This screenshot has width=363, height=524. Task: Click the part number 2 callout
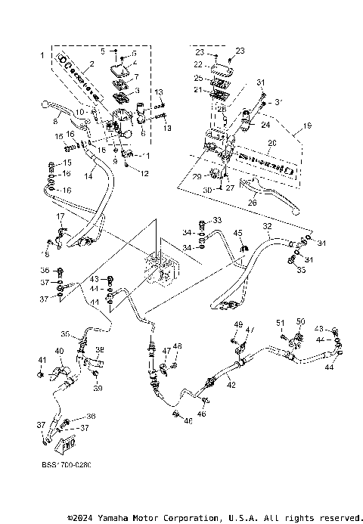91,64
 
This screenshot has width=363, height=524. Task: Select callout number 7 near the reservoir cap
136,77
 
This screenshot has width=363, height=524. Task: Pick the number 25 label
198,78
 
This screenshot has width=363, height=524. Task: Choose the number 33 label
218,220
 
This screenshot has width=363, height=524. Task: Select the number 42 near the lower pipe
231,385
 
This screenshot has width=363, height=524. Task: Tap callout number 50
299,321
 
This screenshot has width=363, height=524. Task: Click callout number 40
60,351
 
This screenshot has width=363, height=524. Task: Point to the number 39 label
98,389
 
